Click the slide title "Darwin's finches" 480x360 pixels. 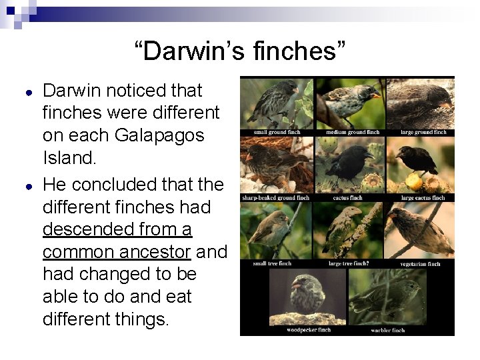pyautogui.click(x=240, y=51)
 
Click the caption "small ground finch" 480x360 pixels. pyautogui.click(x=277, y=132)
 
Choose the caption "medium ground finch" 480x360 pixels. pyautogui.click(x=351, y=132)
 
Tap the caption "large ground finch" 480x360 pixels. pyautogui.click(x=423, y=132)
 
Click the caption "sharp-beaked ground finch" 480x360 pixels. pyautogui.click(x=275, y=198)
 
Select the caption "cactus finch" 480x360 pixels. pyautogui.click(x=347, y=198)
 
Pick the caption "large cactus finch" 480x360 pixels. pyautogui.click(x=423, y=198)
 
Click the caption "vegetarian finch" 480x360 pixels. pyautogui.click(x=420, y=264)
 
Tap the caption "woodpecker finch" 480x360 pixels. pyautogui.click(x=309, y=330)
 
